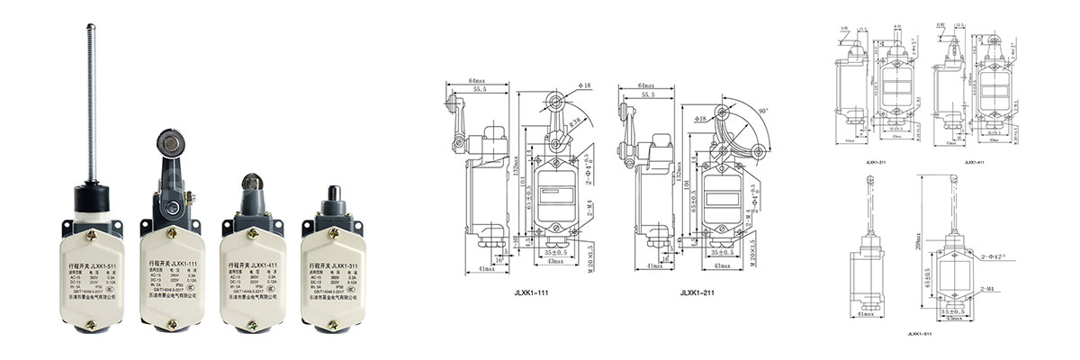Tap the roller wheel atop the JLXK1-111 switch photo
pos(167,144)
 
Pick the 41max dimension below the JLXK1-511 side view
pos(865,316)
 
